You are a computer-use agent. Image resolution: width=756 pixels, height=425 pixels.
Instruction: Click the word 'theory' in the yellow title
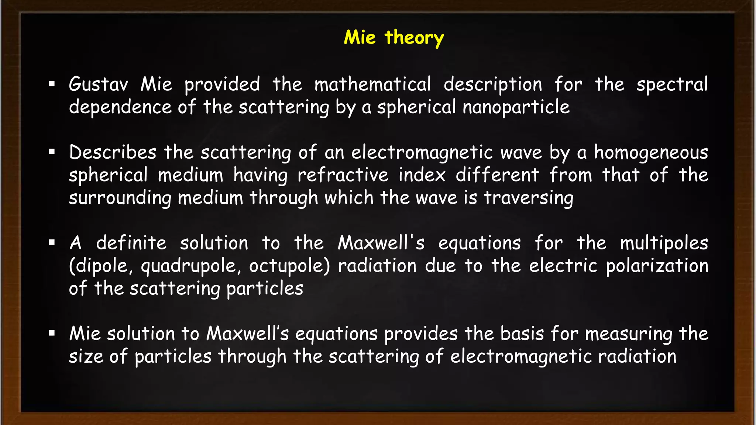tap(414, 38)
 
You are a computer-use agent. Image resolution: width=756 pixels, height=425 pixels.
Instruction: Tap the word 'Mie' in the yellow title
tap(360, 37)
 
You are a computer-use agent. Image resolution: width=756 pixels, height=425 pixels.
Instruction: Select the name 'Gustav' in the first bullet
tap(98, 84)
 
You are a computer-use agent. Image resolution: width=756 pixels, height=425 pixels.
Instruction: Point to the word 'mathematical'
tap(372, 84)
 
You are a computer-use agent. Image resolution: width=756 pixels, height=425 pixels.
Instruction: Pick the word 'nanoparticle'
tap(516, 107)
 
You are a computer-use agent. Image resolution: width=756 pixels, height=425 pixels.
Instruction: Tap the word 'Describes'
tap(113, 152)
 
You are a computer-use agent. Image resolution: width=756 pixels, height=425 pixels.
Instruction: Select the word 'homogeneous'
tap(651, 153)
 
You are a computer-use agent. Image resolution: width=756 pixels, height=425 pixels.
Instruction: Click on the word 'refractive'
tap(343, 175)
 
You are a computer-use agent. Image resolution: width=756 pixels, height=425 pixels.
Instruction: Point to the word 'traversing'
tap(528, 198)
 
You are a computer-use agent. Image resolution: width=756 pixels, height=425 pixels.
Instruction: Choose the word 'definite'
tap(131, 243)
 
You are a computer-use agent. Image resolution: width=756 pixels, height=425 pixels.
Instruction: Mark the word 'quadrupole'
tap(191, 266)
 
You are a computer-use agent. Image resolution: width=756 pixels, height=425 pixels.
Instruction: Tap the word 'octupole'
tap(289, 266)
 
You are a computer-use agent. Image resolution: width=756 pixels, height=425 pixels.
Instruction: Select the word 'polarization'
tap(657, 266)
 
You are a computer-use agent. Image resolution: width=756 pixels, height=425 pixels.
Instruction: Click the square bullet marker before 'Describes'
tap(52, 152)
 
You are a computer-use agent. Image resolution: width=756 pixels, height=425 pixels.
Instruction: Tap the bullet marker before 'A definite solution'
tap(52, 243)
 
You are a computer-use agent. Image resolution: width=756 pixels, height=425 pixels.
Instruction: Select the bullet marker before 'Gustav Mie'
tap(52, 84)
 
